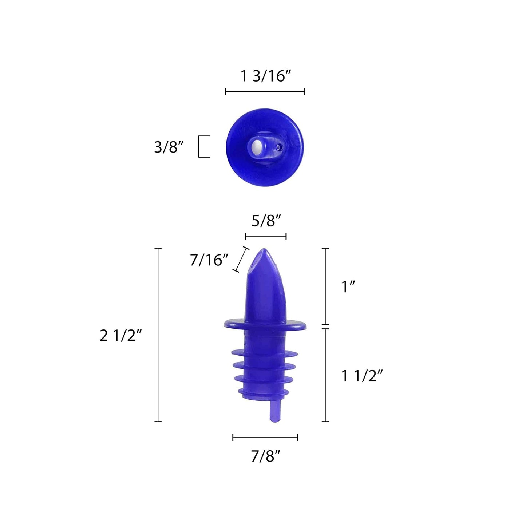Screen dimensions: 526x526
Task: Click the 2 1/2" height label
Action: click(x=120, y=336)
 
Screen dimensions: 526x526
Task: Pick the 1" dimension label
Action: click(x=348, y=287)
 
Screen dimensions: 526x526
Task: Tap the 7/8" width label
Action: click(x=266, y=456)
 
